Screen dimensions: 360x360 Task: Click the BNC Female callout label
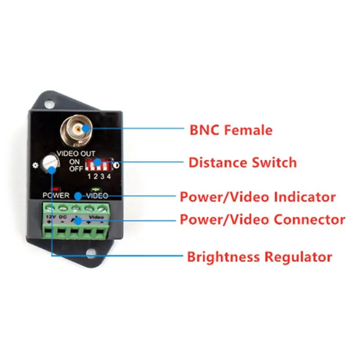(x=231, y=130)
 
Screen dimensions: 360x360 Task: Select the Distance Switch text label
(x=243, y=162)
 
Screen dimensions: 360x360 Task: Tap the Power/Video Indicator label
(x=257, y=197)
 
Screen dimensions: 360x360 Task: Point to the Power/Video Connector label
(x=262, y=219)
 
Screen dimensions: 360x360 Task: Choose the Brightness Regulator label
(x=260, y=256)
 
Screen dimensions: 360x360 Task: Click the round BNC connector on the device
(x=76, y=130)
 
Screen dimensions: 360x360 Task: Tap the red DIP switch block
(x=98, y=165)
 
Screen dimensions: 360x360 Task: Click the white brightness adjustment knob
(x=50, y=163)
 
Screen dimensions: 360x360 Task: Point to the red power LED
(x=55, y=189)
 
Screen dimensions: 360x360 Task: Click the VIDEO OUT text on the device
(x=76, y=153)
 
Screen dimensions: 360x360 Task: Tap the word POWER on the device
(x=56, y=195)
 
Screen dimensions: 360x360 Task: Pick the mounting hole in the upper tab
(x=49, y=104)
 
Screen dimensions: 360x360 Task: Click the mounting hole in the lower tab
(x=91, y=253)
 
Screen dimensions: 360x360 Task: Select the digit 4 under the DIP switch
(x=109, y=176)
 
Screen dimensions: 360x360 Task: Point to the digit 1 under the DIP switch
(x=89, y=176)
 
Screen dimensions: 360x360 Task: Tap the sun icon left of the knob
(x=35, y=165)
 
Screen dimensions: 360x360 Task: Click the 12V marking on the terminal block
(x=51, y=217)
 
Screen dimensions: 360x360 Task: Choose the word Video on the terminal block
(x=96, y=217)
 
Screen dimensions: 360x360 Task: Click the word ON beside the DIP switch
(x=75, y=162)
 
